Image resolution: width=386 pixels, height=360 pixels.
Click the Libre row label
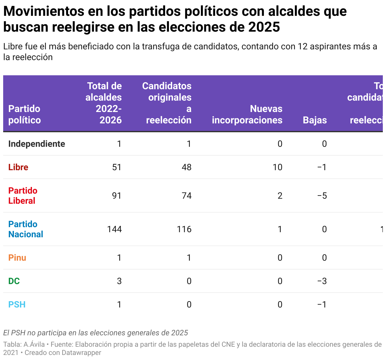pyautogui.click(x=18, y=167)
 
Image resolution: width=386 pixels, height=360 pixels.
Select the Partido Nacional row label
pyautogui.click(x=26, y=229)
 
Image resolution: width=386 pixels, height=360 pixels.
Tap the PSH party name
pyautogui.click(x=17, y=304)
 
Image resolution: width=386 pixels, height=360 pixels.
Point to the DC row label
pyautogui.click(x=14, y=281)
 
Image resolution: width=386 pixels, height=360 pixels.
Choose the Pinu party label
pyautogui.click(x=17, y=258)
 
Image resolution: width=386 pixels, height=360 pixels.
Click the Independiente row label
pyautogui.click(x=37, y=144)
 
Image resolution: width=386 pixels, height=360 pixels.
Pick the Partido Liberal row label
pyautogui.click(x=23, y=196)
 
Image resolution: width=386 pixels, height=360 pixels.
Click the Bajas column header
pyautogui.click(x=314, y=120)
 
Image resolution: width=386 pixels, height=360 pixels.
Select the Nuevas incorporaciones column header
pyautogui.click(x=247, y=115)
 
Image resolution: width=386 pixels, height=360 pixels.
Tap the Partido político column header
pyautogui.click(x=24, y=115)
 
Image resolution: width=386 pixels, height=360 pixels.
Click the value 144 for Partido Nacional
pyautogui.click(x=114, y=229)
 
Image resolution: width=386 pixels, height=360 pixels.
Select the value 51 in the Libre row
pyautogui.click(x=117, y=167)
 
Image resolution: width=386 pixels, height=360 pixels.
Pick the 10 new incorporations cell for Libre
pyautogui.click(x=277, y=167)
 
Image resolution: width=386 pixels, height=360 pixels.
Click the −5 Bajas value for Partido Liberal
pyautogui.click(x=322, y=196)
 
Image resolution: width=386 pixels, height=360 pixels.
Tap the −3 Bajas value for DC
pyautogui.click(x=322, y=281)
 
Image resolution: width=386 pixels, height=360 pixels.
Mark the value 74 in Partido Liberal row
pyautogui.click(x=186, y=196)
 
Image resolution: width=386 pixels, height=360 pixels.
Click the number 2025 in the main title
pyautogui.click(x=264, y=27)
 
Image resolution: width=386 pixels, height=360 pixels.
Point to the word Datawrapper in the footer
pyautogui.click(x=81, y=352)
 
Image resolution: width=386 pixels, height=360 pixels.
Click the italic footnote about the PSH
pyautogui.click(x=96, y=333)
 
